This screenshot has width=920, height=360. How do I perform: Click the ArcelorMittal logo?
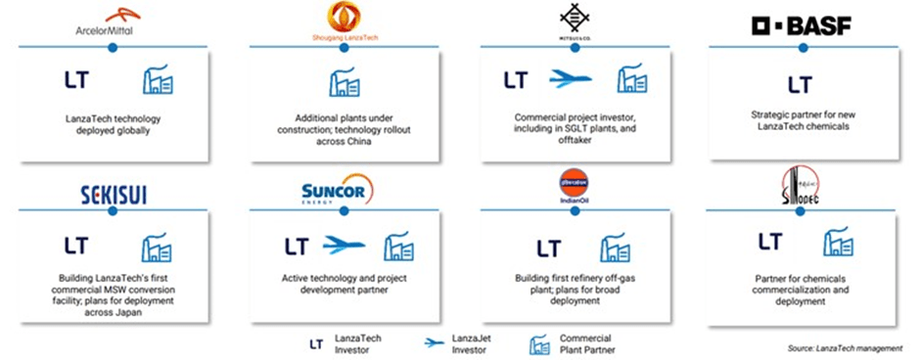pyautogui.click(x=111, y=22)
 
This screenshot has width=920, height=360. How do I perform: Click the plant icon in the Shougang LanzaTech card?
pyautogui.click(x=342, y=81)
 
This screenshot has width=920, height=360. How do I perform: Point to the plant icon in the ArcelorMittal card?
pyautogui.click(x=159, y=81)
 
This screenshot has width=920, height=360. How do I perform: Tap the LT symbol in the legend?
pyautogui.click(x=315, y=342)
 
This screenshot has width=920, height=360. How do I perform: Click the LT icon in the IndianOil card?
pyautogui.click(x=549, y=247)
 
